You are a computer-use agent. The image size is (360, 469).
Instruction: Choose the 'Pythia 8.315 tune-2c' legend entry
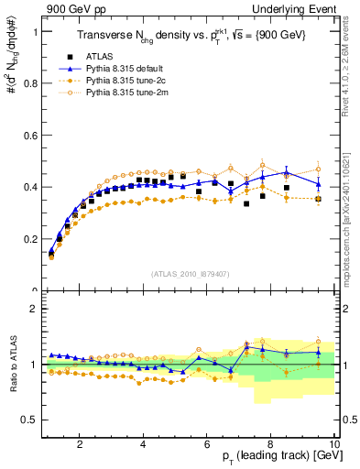coord(132,81)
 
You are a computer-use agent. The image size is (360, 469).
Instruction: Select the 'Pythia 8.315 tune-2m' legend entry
coord(134,93)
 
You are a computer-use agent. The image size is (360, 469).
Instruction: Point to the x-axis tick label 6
coord(207,445)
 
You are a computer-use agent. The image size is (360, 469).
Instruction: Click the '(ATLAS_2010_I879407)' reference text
coord(190,272)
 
